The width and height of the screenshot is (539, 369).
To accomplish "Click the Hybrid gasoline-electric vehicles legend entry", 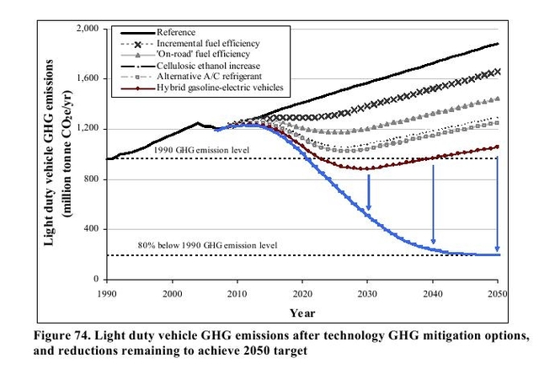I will pyautogui.click(x=220, y=87).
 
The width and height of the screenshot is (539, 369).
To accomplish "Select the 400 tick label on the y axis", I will pyautogui.click(x=91, y=228).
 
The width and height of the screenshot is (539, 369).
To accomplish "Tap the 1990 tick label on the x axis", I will pyautogui.click(x=106, y=292).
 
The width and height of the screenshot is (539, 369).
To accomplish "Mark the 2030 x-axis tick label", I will pyautogui.click(x=367, y=292).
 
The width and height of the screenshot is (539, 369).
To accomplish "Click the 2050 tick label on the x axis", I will pyautogui.click(x=498, y=292).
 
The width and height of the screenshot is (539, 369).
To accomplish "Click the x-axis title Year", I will pyautogui.click(x=302, y=313).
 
